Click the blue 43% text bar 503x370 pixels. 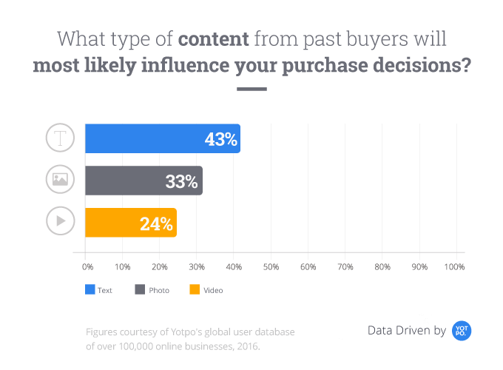163,138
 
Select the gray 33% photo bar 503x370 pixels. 144,181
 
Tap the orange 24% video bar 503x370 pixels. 130,222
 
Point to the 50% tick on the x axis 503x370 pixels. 271,266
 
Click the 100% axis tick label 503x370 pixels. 455,266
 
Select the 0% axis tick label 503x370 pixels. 87,266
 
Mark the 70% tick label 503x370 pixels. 345,266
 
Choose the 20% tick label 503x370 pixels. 160,266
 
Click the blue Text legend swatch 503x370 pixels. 90,290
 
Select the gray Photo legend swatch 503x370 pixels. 139,290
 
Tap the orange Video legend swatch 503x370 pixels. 195,290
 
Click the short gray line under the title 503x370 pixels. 251,90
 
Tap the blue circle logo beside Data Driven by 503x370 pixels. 462,331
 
